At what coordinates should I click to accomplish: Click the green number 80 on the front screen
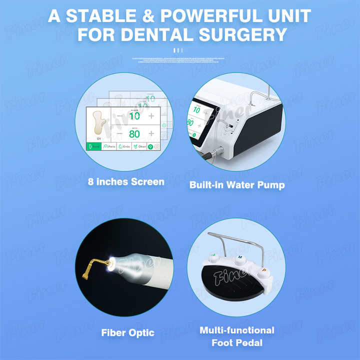click(134, 134)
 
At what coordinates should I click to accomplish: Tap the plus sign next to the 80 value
click(151, 134)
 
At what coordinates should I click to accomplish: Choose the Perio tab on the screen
click(109, 147)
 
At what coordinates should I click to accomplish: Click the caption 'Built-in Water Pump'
click(236, 185)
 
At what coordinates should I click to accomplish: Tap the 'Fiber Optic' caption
click(127, 332)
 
